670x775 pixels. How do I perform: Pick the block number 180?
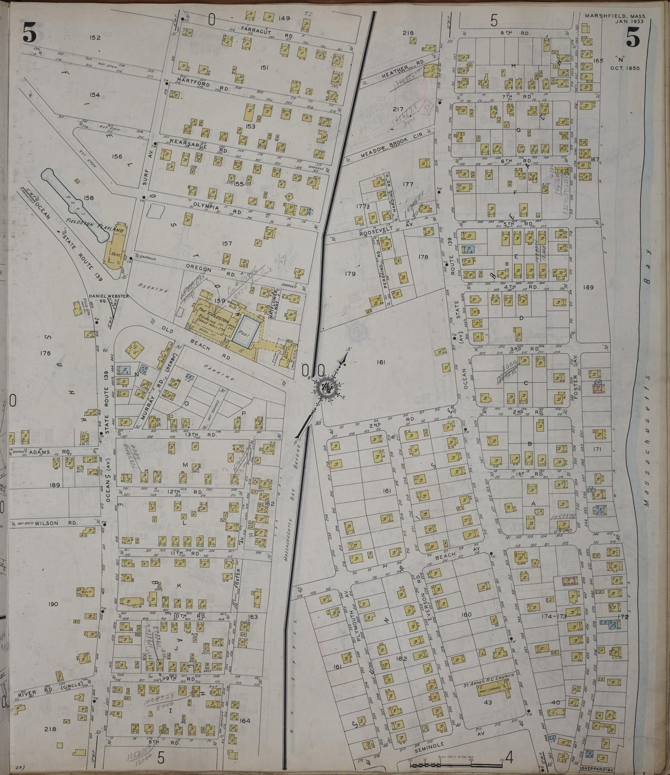466,615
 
